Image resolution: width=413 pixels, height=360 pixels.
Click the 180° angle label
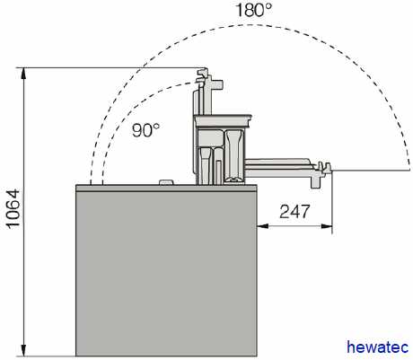(254, 10)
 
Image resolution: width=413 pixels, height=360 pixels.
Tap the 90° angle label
(145, 130)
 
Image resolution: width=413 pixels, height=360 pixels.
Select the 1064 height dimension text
(13, 209)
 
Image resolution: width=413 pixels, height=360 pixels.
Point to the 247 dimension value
(294, 212)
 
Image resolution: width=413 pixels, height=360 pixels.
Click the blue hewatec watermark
(378, 347)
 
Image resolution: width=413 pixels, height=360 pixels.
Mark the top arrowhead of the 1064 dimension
(24, 74)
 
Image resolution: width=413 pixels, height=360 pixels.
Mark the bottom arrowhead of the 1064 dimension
(24, 350)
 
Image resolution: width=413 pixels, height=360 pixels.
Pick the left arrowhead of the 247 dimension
(263, 226)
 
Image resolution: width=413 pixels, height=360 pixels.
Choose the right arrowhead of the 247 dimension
(327, 226)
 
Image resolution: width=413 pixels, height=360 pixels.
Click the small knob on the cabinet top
(166, 182)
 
